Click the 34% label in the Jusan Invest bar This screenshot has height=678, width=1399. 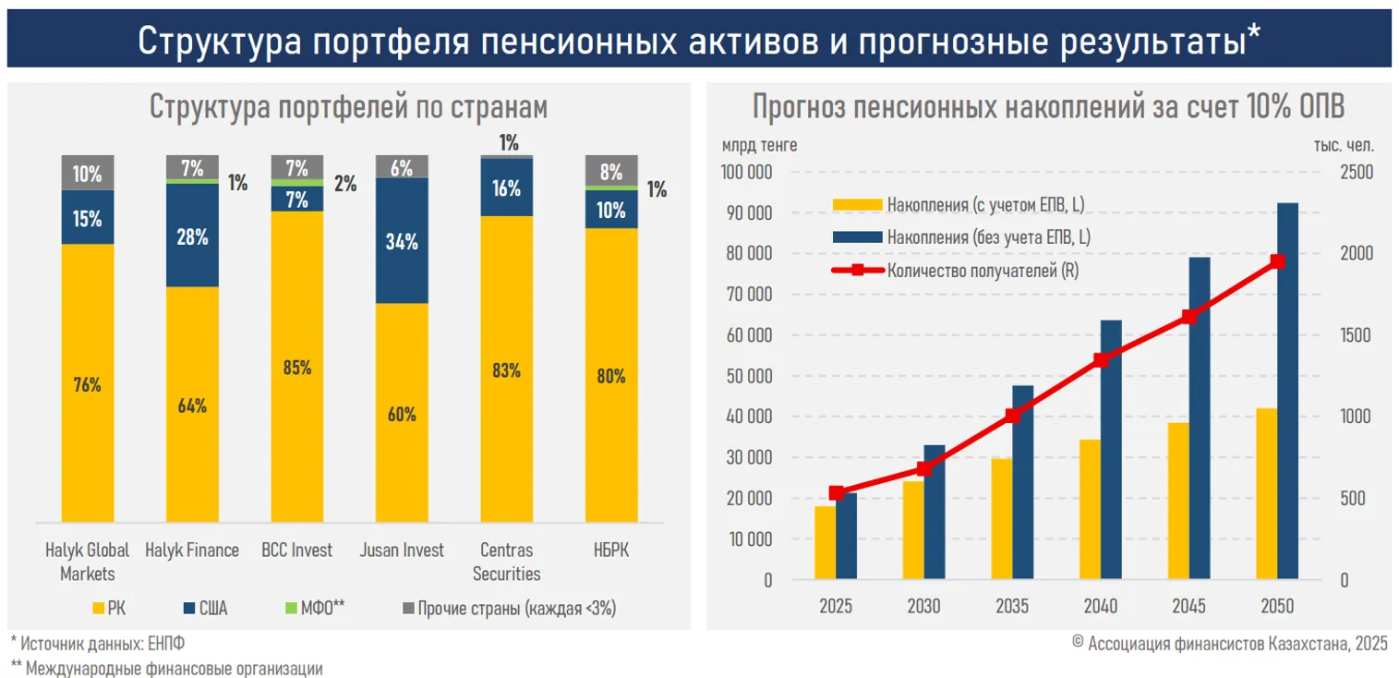point(402,242)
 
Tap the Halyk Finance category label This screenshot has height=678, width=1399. point(192,551)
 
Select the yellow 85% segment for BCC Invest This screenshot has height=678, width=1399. point(297,367)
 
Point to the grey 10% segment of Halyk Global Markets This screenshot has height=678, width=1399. point(88,173)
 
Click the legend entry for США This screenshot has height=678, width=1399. point(204,608)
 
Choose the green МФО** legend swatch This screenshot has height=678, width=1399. point(294,608)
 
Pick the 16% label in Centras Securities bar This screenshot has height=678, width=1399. point(506,188)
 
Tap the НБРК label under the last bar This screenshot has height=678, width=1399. point(610,551)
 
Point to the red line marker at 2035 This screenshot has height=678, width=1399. point(1012,416)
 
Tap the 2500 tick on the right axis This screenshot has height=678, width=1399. point(1357,173)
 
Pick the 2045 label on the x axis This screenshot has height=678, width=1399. point(1188,607)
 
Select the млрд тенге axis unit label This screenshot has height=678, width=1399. point(760,145)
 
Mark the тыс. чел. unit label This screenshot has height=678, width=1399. point(1344,145)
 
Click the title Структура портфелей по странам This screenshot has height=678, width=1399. point(348,107)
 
